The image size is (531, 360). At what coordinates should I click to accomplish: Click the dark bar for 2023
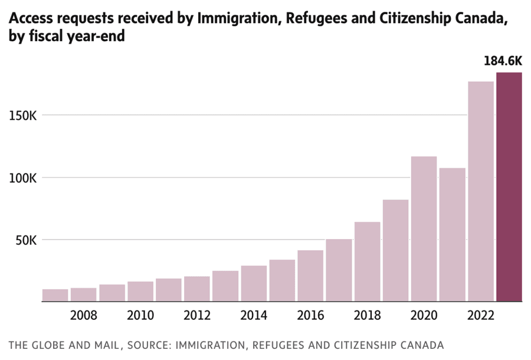(x=509, y=187)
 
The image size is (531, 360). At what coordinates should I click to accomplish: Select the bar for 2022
(x=480, y=192)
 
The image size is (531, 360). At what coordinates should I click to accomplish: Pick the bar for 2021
(x=452, y=235)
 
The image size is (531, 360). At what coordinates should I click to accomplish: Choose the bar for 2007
(x=55, y=295)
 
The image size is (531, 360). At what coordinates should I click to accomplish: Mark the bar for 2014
(x=254, y=284)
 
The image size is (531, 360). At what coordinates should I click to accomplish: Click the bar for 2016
(x=310, y=276)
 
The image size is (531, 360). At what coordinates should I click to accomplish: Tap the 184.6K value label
(x=503, y=61)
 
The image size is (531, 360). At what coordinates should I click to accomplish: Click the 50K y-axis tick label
(x=27, y=240)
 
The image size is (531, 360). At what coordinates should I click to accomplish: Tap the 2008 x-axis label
(x=84, y=316)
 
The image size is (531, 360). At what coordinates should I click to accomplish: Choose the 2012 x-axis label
(x=197, y=316)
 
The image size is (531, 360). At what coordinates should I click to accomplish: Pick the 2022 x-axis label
(x=480, y=316)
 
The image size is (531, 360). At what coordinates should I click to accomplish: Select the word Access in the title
(x=29, y=19)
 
